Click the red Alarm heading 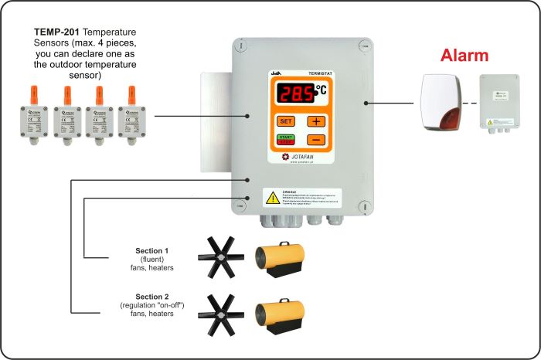click(465, 56)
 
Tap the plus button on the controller click(316, 121)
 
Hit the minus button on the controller click(316, 140)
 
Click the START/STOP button click(286, 140)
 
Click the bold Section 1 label click(151, 251)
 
